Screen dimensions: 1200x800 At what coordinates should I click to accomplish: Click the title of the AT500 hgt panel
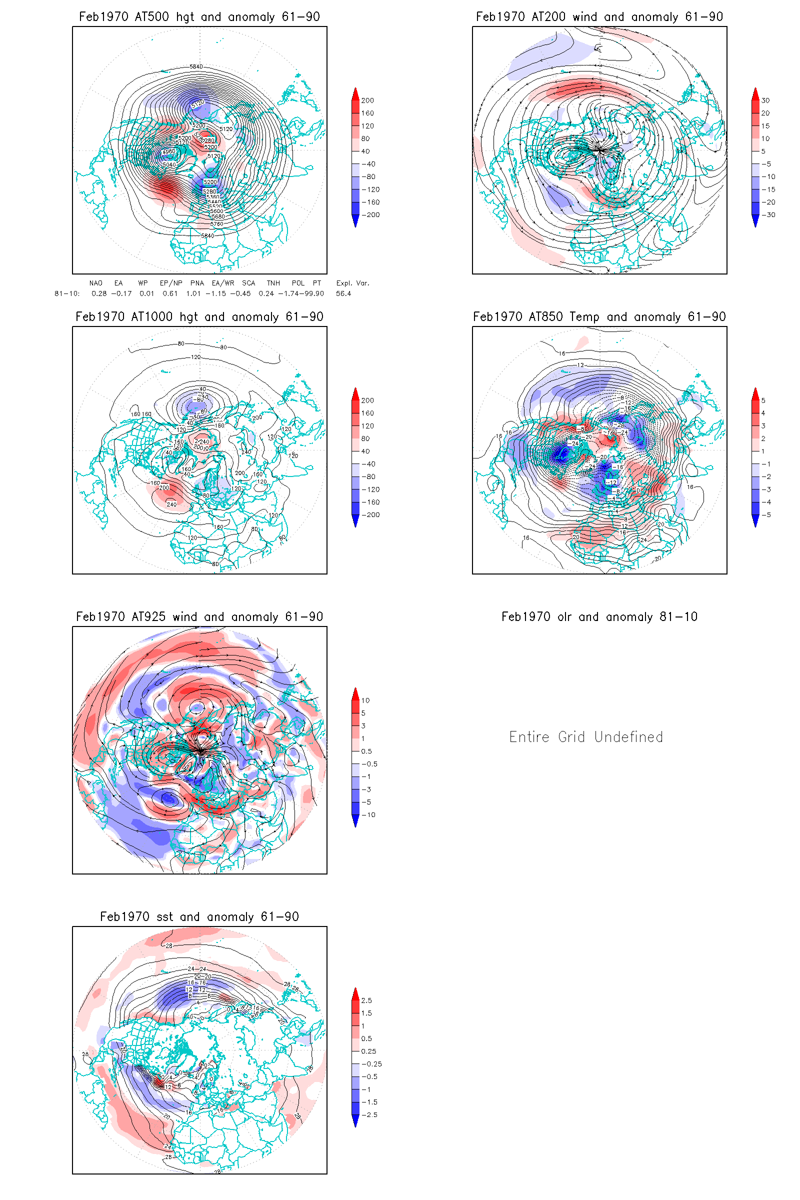tap(199, 17)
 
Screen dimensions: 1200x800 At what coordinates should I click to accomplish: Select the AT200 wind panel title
tap(599, 17)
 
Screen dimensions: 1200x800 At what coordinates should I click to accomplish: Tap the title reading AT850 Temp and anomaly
tap(599, 317)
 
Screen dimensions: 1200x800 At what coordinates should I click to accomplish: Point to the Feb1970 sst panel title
tap(199, 917)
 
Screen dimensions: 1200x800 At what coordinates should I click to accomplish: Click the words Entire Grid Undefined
tap(586, 737)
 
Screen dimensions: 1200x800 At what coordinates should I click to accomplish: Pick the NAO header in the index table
tap(96, 283)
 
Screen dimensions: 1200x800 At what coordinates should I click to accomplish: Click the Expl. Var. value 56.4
tap(343, 293)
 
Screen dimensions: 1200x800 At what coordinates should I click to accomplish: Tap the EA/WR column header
tap(223, 283)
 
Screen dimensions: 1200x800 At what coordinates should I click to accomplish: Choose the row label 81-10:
tap(67, 293)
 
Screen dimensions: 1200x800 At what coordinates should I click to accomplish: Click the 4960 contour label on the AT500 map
tap(169, 151)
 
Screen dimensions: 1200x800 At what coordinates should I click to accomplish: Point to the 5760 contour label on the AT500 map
tap(217, 224)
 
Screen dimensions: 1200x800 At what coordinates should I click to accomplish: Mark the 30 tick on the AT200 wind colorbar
tap(765, 100)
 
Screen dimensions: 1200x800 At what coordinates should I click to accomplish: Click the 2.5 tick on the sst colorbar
tap(366, 1000)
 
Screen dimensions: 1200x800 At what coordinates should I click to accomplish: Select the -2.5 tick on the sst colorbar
tap(369, 1115)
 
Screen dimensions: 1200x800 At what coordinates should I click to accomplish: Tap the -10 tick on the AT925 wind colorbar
tap(368, 815)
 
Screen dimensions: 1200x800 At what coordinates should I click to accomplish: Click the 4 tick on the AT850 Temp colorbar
tap(763, 413)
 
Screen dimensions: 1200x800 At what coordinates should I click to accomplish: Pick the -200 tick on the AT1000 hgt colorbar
tap(370, 515)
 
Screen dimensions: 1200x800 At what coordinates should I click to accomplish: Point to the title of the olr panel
tap(599, 617)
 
